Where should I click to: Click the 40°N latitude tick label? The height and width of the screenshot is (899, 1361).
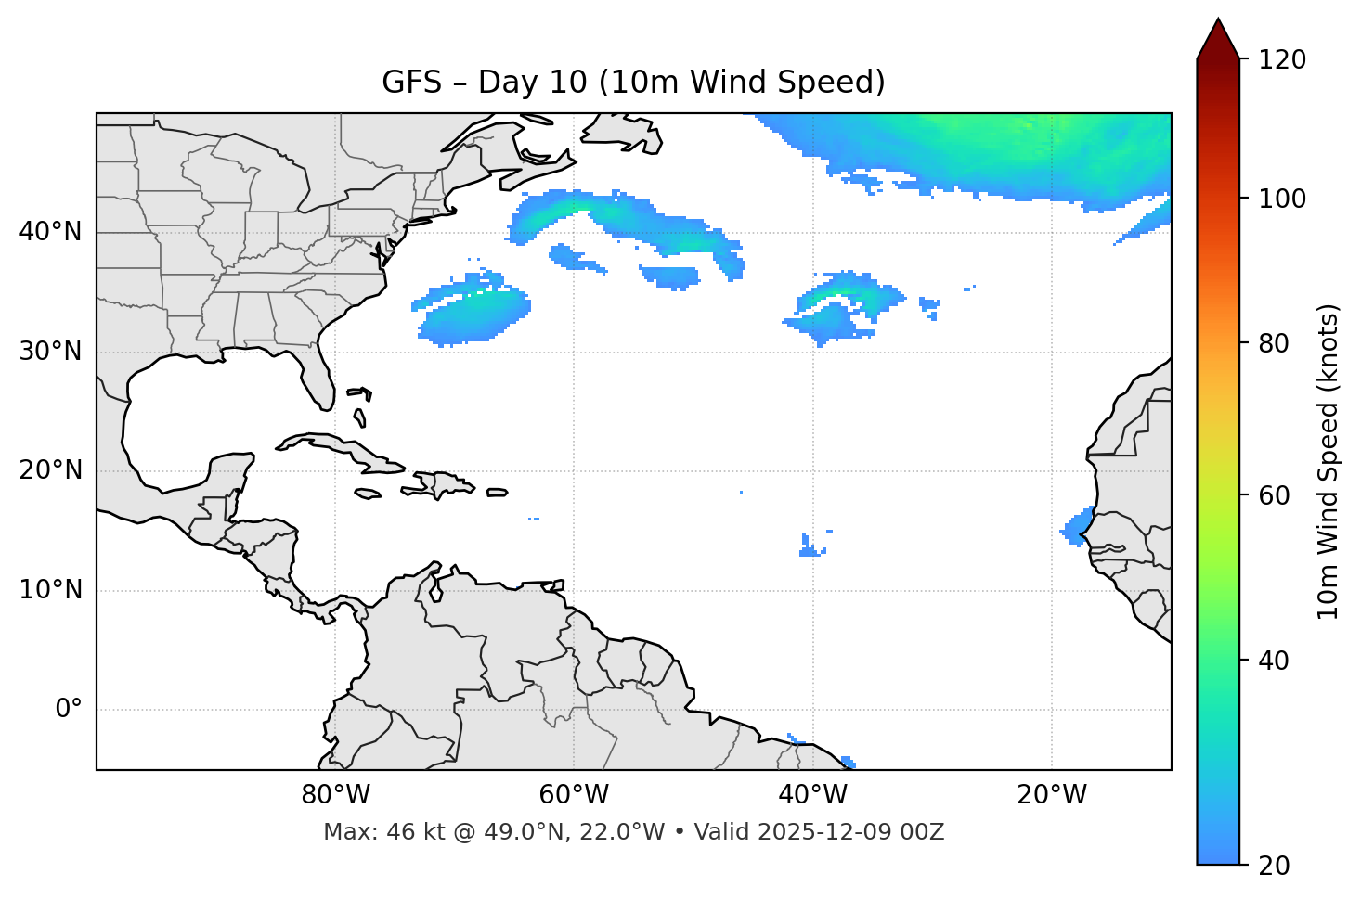click(x=50, y=232)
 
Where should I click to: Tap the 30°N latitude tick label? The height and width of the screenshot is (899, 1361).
click(x=50, y=352)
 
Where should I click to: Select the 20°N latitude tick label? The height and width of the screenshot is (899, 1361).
click(x=50, y=470)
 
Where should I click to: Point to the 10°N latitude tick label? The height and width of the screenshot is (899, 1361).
click(x=50, y=590)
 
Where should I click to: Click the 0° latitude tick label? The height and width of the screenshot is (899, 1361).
click(x=69, y=710)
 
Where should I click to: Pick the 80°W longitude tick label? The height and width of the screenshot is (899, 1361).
click(x=335, y=795)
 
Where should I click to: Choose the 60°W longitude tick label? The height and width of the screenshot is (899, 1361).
click(x=574, y=795)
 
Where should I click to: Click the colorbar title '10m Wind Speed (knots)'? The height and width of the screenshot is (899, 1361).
click(x=1329, y=461)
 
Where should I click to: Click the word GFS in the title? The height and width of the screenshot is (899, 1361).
click(x=411, y=83)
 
